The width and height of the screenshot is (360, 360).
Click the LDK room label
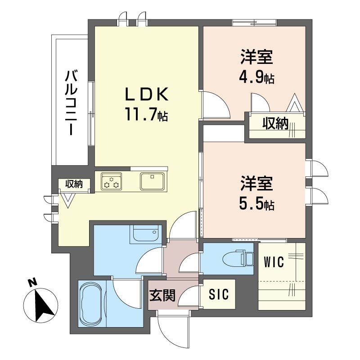[146, 94]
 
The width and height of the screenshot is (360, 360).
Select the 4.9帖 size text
[256, 77]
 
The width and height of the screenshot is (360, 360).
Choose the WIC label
[274, 262]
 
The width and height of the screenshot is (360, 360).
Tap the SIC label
[219, 294]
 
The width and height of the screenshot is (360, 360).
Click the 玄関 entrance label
[162, 295]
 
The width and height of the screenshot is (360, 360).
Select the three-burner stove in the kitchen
[112, 181]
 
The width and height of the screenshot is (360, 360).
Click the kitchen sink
[152, 181]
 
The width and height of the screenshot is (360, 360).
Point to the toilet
[238, 258]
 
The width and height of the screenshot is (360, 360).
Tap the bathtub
[91, 304]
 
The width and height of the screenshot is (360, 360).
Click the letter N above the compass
[32, 282]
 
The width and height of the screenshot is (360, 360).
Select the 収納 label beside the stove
[74, 184]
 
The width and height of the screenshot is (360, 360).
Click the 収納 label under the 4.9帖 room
[275, 124]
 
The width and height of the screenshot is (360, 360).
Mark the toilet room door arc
[188, 262]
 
